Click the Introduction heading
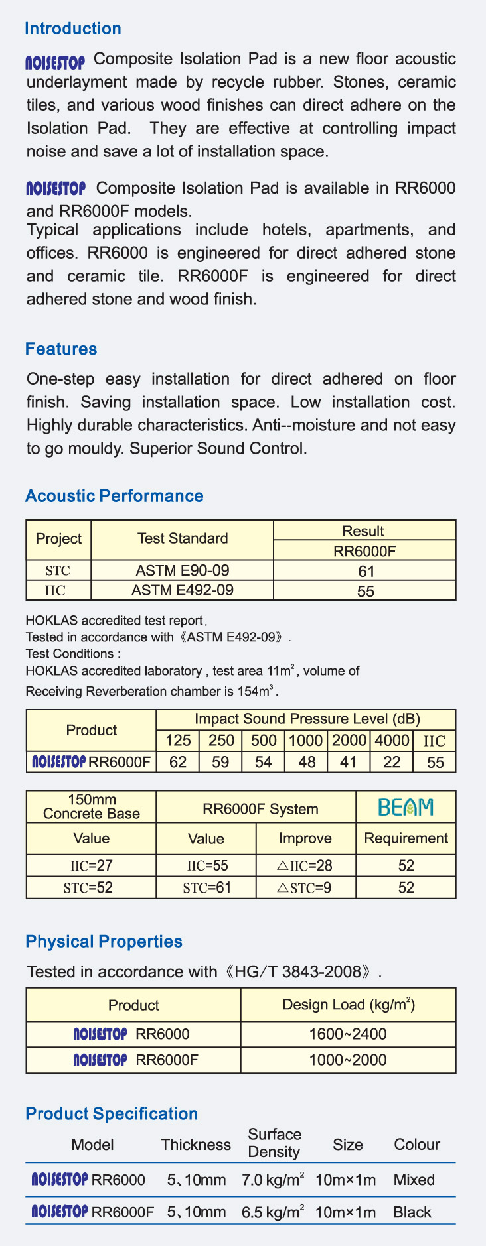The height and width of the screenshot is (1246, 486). click(x=73, y=29)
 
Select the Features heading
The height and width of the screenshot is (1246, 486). click(x=61, y=349)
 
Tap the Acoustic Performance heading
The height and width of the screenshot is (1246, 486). click(x=114, y=496)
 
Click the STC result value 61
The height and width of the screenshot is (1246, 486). click(x=366, y=571)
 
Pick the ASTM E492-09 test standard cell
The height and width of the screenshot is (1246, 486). click(x=183, y=590)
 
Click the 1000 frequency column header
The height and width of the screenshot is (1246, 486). click(x=307, y=741)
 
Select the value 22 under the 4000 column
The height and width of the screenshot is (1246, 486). click(x=392, y=762)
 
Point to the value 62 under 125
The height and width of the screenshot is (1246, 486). click(x=178, y=762)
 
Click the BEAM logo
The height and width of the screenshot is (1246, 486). click(x=406, y=807)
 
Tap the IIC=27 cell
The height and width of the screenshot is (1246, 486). click(x=92, y=865)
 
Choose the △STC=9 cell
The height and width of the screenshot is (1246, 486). click(x=305, y=887)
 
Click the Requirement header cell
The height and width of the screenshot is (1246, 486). click(x=406, y=838)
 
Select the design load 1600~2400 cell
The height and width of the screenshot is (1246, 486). click(x=348, y=1034)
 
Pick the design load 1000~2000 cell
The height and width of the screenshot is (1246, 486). click(x=348, y=1060)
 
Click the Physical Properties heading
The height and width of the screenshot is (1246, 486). click(x=104, y=942)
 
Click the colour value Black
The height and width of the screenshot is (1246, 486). click(x=412, y=1212)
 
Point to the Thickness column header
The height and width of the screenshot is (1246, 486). click(x=196, y=1145)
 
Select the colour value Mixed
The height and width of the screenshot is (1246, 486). click(x=414, y=1180)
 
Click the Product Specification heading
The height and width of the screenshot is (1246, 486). click(x=112, y=1114)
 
